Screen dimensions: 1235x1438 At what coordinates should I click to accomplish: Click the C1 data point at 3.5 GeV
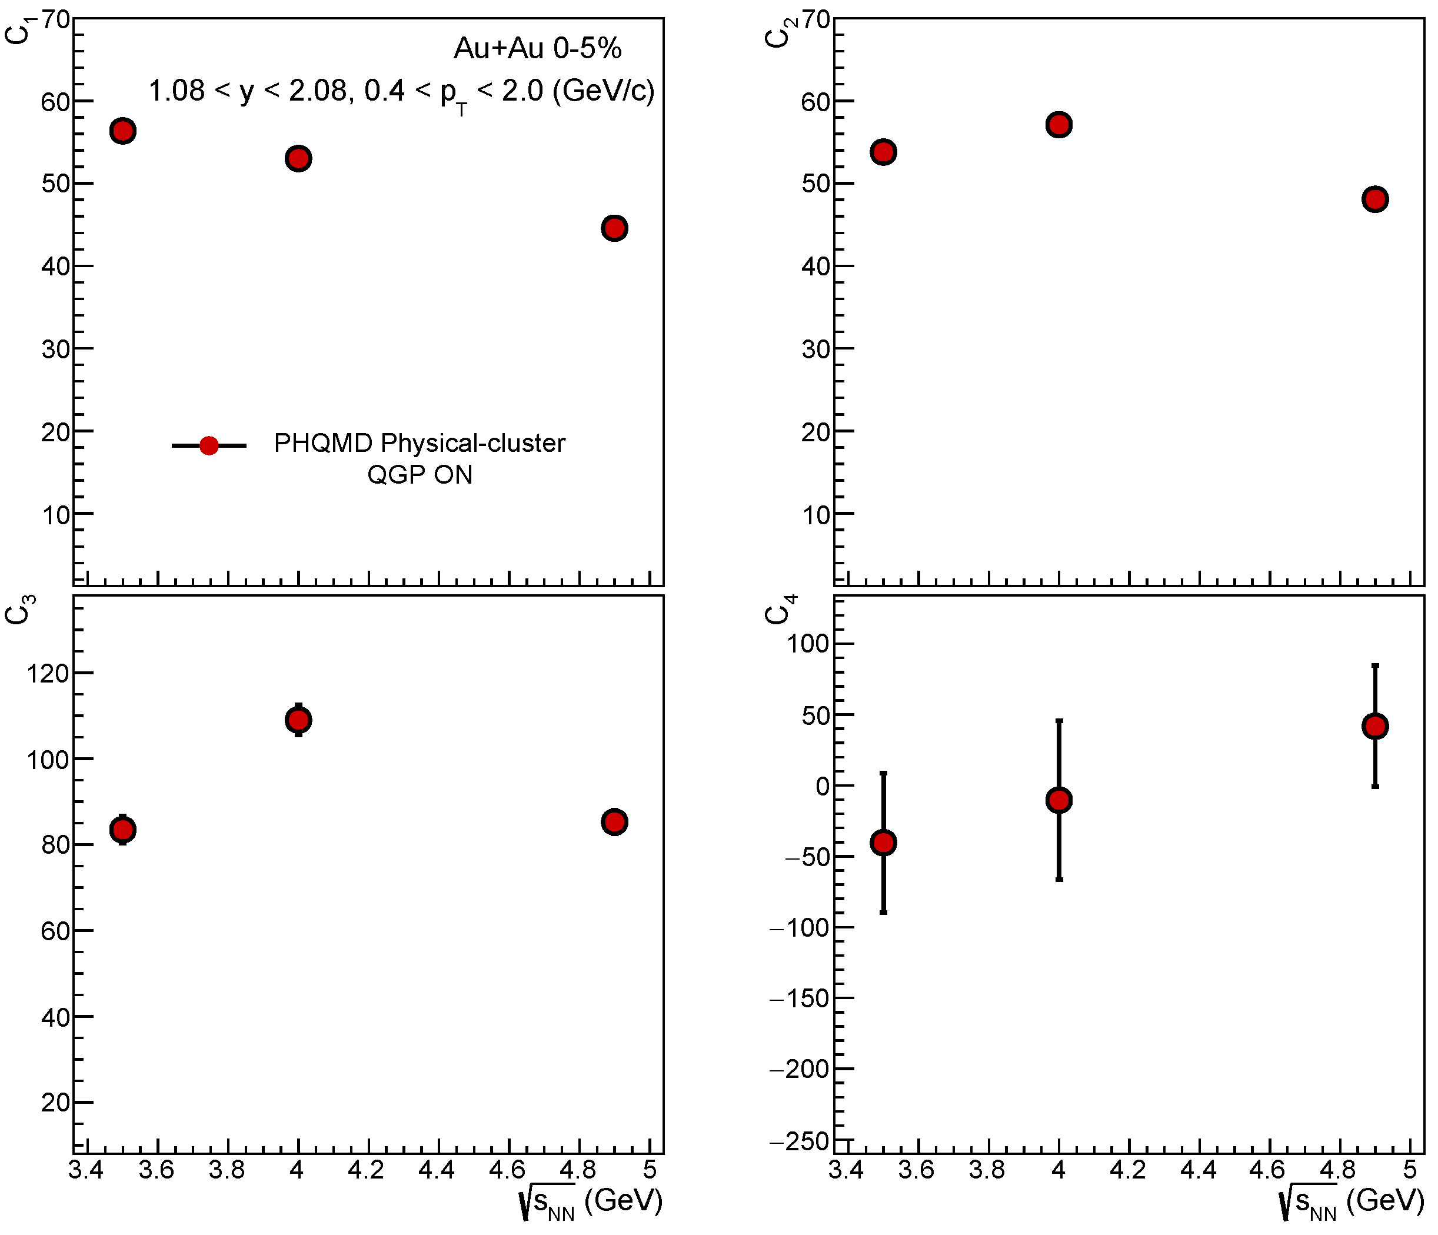[123, 131]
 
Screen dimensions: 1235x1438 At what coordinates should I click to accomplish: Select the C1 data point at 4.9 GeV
[614, 228]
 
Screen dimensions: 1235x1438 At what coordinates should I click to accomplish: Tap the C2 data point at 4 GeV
[1059, 125]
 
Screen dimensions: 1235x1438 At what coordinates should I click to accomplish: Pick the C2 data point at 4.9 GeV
[1375, 199]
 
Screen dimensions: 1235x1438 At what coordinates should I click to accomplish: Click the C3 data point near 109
[298, 720]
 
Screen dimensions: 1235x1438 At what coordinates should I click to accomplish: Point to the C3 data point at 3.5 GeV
[123, 829]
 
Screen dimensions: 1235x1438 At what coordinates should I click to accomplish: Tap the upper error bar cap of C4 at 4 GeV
[1059, 721]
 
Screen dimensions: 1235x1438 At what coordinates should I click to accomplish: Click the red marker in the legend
[209, 445]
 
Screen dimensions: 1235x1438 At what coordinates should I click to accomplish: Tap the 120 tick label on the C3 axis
[48, 673]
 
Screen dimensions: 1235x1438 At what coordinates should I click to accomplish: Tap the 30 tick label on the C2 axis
[816, 349]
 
